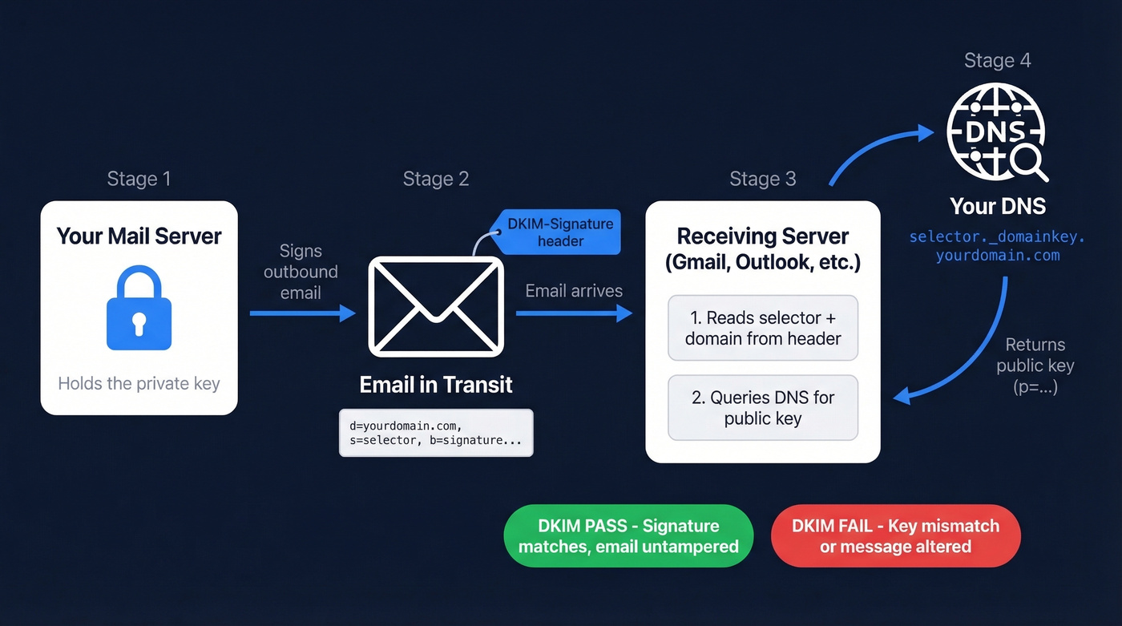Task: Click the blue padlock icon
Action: click(x=139, y=308)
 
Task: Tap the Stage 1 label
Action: click(x=139, y=178)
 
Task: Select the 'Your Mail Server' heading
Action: click(x=139, y=236)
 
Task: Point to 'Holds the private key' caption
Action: click(x=139, y=383)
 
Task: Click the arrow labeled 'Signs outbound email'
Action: click(x=303, y=313)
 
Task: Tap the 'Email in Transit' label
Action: click(x=436, y=384)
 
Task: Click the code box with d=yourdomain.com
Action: click(x=436, y=433)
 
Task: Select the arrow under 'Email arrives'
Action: click(x=574, y=313)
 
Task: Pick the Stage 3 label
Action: click(x=762, y=178)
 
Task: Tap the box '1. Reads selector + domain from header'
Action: click(x=762, y=328)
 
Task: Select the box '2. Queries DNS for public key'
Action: click(x=762, y=407)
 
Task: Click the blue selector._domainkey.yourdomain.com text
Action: click(x=997, y=246)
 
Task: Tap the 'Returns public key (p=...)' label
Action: click(x=1035, y=366)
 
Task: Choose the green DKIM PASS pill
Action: click(x=628, y=536)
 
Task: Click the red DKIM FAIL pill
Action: click(x=895, y=536)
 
